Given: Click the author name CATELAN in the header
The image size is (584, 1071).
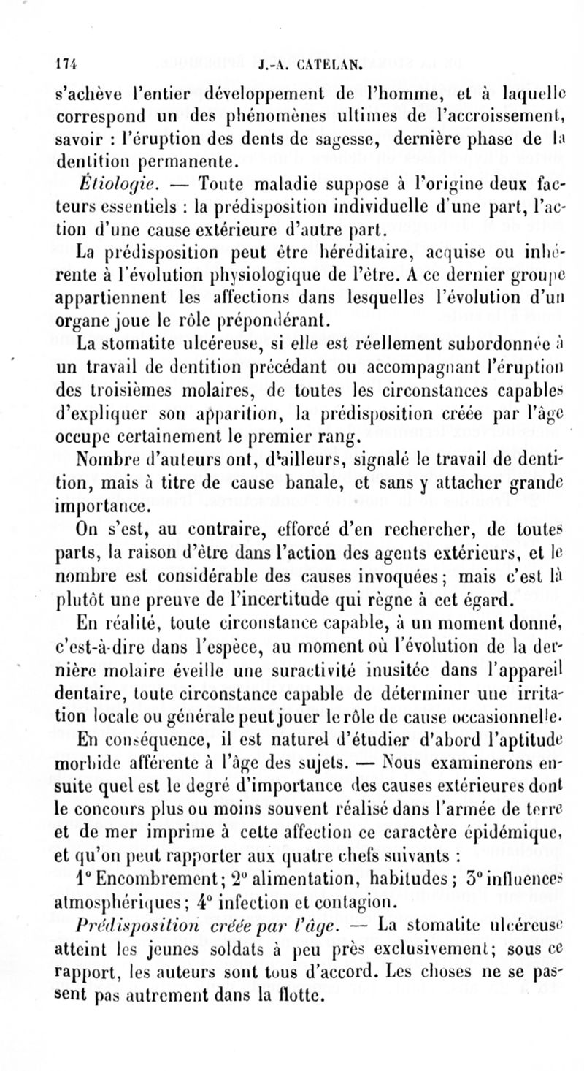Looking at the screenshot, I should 323,64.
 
